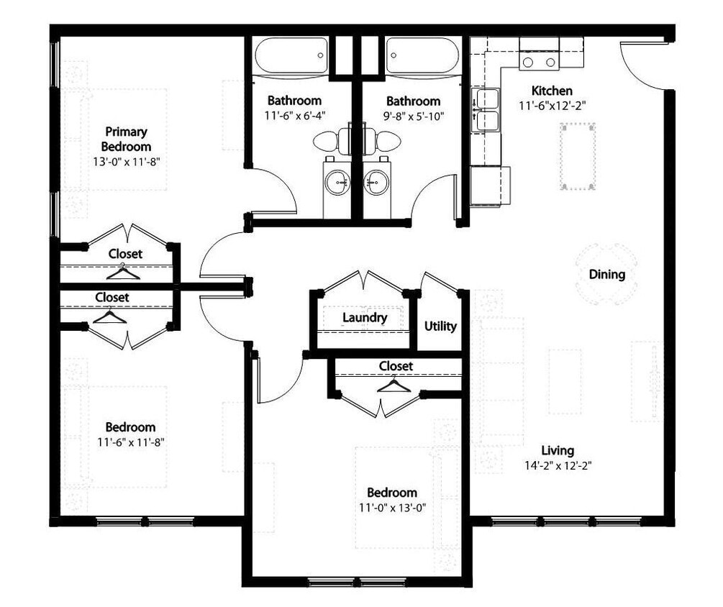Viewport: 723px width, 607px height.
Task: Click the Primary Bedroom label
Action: tap(126, 139)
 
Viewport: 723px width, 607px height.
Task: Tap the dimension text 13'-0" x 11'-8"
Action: tap(125, 162)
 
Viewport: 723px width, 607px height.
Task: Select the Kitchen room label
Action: tap(551, 91)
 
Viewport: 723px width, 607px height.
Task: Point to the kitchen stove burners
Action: tap(540, 63)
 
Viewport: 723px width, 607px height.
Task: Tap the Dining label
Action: tap(606, 274)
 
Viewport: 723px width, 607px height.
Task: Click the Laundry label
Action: tap(365, 317)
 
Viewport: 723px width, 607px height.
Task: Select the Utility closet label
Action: tap(440, 326)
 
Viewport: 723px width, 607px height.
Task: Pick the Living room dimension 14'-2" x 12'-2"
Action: tap(558, 465)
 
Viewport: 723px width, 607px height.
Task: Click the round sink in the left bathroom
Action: tap(336, 184)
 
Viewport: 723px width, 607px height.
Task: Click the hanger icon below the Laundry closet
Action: tap(394, 386)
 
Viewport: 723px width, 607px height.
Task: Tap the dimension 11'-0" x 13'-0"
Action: tap(392, 508)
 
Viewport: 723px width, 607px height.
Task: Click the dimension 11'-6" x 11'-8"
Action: tap(131, 442)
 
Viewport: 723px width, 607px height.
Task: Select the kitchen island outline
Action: tap(578, 155)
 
